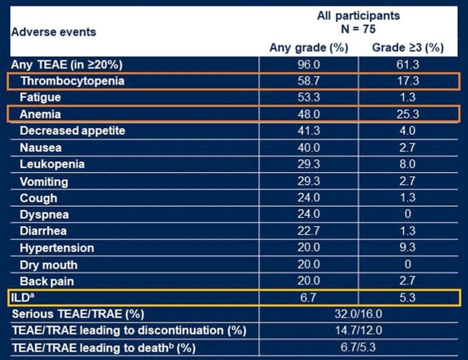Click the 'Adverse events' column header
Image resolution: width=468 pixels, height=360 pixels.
click(x=54, y=32)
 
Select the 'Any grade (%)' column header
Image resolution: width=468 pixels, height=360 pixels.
click(x=308, y=48)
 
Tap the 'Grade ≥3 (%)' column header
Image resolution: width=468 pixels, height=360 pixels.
click(x=408, y=48)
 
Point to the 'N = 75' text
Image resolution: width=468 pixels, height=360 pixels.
click(x=358, y=30)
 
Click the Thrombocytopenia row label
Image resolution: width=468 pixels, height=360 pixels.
click(x=72, y=81)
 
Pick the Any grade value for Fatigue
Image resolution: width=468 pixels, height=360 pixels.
click(x=308, y=97)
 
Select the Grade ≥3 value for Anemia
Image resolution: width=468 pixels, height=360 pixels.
click(x=408, y=114)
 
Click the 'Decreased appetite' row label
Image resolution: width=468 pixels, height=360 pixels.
click(x=73, y=131)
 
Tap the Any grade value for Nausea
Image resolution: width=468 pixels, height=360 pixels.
click(x=308, y=148)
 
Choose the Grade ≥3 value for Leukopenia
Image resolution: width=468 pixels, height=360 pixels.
click(x=408, y=164)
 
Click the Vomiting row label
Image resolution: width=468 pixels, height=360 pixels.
click(x=44, y=181)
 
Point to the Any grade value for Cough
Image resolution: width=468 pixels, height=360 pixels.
click(x=308, y=197)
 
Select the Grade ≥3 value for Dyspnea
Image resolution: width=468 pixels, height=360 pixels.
click(x=408, y=214)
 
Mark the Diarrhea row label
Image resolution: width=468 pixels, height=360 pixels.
click(x=44, y=231)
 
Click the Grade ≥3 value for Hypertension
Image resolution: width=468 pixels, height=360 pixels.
click(x=408, y=247)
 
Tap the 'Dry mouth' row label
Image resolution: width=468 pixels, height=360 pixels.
click(x=49, y=265)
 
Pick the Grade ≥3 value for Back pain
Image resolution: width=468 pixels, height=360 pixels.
click(x=408, y=281)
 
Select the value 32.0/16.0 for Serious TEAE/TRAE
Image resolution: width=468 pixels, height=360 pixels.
click(x=358, y=314)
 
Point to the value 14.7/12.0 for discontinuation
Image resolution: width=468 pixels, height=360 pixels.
click(x=358, y=330)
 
